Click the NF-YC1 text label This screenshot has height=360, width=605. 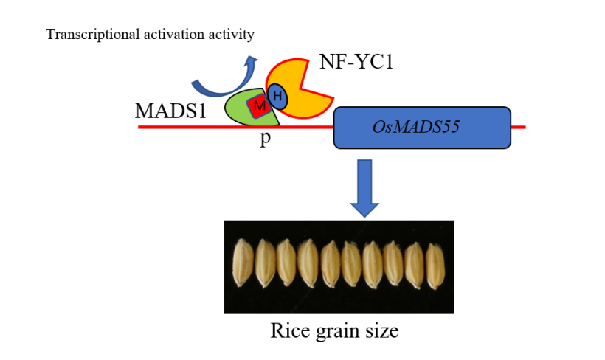356,63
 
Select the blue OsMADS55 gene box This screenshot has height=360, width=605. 423,127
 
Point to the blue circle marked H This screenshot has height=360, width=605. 277,94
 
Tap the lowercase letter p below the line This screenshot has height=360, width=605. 264,140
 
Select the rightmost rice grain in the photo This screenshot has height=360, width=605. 435,264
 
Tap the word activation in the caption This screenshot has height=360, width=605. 172,34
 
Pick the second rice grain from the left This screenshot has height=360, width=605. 263,264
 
